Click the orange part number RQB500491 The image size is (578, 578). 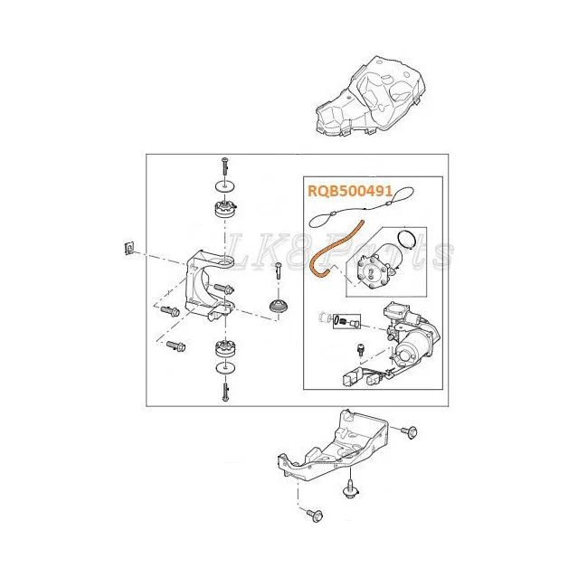tap(350, 191)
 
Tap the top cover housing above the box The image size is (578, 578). tap(371, 96)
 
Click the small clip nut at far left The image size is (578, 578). tap(128, 248)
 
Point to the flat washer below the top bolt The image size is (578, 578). tap(225, 186)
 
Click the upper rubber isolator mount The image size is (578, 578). tap(225, 209)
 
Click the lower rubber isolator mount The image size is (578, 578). tap(225, 349)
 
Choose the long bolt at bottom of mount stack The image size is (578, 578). tap(225, 392)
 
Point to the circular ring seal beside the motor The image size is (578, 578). tap(407, 240)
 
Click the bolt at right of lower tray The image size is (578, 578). tap(409, 431)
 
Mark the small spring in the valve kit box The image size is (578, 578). tap(343, 321)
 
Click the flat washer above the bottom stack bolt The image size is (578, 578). tap(225, 367)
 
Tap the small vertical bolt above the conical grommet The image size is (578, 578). tap(279, 270)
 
